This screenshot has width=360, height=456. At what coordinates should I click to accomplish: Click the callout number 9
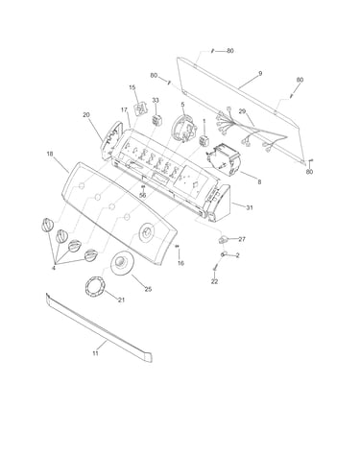point(260,74)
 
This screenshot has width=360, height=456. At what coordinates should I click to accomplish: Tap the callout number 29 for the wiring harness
point(242,111)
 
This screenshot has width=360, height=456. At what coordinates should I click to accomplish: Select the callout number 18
point(50,154)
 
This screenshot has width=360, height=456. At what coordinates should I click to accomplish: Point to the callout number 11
point(95,353)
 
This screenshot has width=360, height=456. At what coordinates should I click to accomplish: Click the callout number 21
point(121,300)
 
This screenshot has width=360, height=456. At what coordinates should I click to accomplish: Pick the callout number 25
point(148,289)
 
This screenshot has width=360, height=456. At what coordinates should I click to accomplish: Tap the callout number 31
point(250,207)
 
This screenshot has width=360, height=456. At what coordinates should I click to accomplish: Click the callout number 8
point(259,181)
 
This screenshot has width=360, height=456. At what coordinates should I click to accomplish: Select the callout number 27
point(242,239)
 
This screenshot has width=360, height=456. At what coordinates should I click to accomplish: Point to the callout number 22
point(214,281)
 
